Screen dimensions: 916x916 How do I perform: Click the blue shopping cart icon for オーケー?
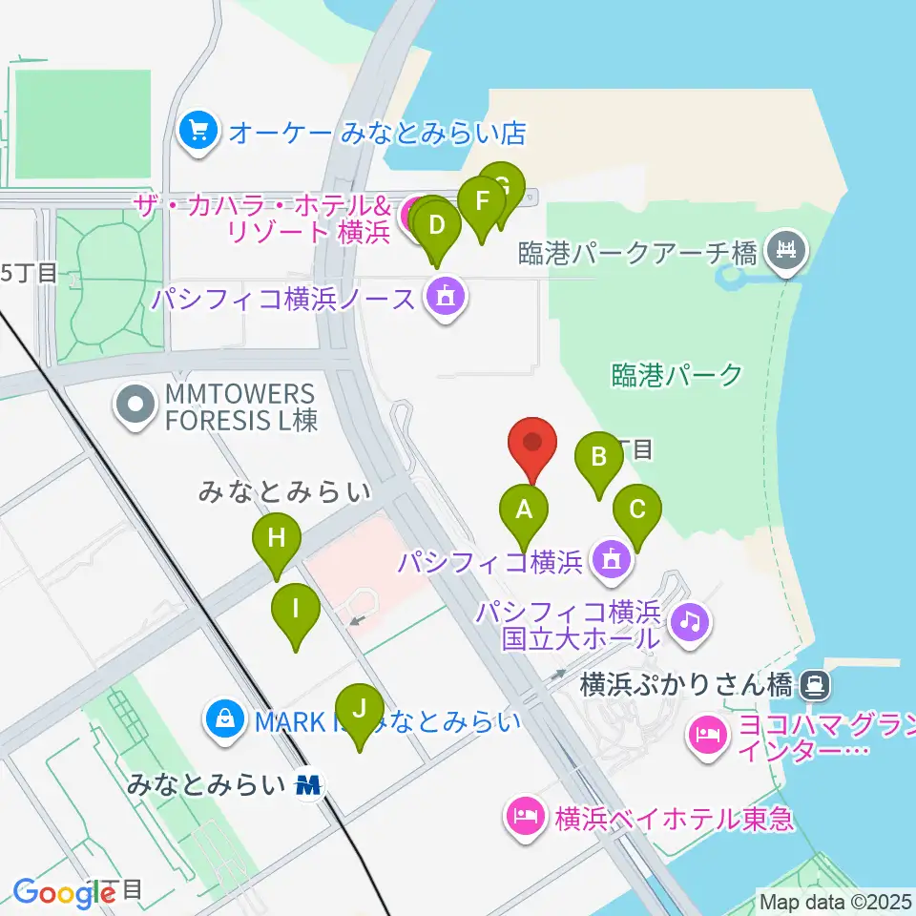tap(198, 131)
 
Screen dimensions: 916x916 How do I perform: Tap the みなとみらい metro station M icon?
tap(308, 786)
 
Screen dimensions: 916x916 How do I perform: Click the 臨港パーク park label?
tap(677, 375)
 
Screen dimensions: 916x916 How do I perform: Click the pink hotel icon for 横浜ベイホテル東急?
tap(526, 818)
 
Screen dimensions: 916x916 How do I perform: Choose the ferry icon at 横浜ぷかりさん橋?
tap(815, 684)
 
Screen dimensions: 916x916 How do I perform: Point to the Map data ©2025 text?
tap(835, 901)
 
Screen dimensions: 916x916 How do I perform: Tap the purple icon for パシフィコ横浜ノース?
tap(445, 299)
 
